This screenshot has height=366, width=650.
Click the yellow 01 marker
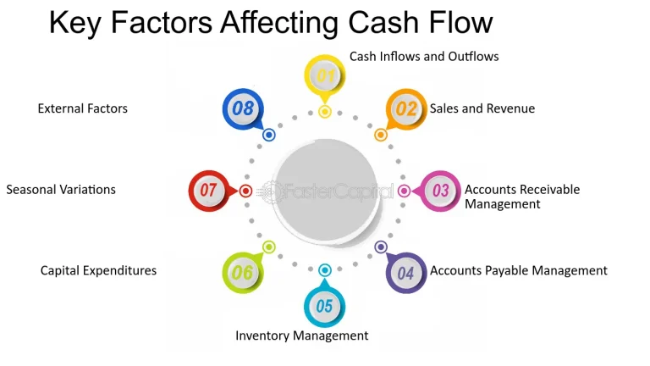[324, 76]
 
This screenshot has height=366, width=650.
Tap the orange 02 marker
[406, 109]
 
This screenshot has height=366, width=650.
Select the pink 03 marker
[441, 191]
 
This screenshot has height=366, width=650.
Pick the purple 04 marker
[406, 273]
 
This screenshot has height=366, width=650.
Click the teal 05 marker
[325, 306]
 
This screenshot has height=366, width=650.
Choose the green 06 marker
[242, 273]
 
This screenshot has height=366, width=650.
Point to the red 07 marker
[208, 191]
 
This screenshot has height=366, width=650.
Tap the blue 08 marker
[243, 108]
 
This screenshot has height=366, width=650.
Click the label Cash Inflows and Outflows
[424, 57]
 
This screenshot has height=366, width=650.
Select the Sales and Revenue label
[482, 108]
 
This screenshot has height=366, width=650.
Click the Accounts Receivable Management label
[522, 197]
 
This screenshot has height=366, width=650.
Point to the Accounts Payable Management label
[519, 270]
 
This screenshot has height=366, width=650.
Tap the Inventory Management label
[302, 335]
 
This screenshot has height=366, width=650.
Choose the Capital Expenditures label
[98, 270]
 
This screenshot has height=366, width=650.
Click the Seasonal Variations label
[61, 189]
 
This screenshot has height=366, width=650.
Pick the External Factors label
[83, 108]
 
